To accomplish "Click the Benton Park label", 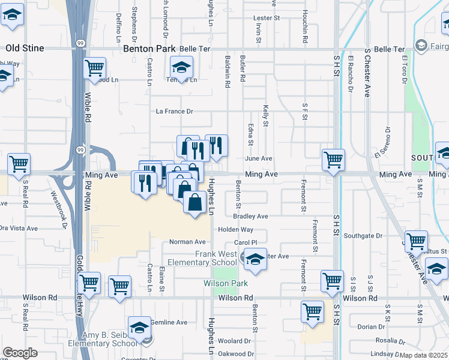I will tap(149, 49).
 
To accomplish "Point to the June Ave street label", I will tap(259, 158).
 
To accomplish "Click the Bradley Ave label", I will tap(251, 216).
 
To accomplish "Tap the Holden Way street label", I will tap(235, 230).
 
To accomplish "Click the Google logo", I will tap(20, 352).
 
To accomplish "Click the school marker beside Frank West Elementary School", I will tap(255, 259).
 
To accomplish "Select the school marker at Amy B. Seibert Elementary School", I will tap(140, 330).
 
